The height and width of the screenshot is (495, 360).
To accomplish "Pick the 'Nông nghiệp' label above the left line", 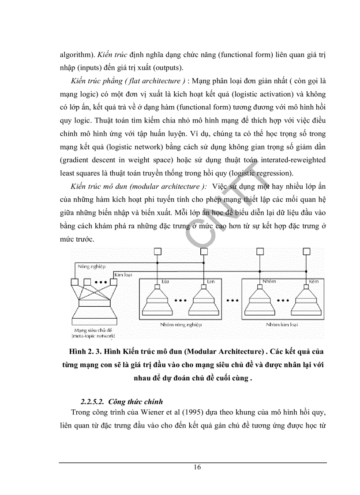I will (x=90, y=267).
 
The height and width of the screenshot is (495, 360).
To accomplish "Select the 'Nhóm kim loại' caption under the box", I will (x=281, y=324).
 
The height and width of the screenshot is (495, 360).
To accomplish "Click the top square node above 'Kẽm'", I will (x=306, y=252).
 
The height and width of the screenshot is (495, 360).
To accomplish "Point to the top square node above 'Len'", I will (x=203, y=252).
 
